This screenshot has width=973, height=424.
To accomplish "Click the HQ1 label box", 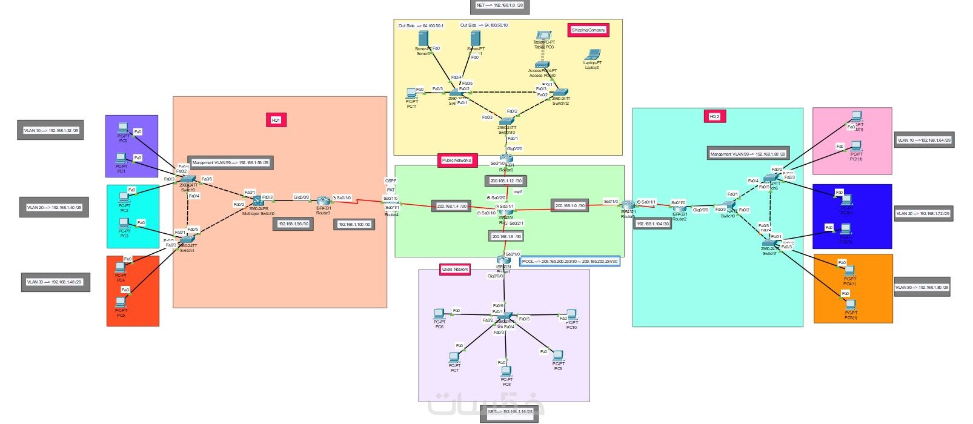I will click(276, 120).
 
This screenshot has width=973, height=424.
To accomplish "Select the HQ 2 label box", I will click(715, 116).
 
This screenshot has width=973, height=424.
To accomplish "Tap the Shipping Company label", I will click(588, 30).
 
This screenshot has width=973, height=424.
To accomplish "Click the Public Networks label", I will click(457, 161).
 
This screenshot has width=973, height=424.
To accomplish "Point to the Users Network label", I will click(455, 269).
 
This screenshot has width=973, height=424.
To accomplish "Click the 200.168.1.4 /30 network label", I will click(451, 207).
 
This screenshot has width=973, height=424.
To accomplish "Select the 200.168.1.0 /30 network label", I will click(570, 206).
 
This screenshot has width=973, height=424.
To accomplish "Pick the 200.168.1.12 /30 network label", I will click(505, 181).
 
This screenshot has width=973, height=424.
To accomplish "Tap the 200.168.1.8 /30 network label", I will click(506, 236).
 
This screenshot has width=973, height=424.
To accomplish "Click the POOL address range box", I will click(570, 262).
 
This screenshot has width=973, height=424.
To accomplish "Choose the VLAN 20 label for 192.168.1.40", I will click(54, 207).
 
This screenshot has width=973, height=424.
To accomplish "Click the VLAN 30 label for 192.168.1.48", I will click(55, 282).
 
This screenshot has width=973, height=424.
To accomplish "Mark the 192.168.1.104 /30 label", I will click(653, 224).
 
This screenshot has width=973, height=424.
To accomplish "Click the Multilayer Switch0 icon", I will click(257, 200).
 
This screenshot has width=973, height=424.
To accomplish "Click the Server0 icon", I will click(423, 39).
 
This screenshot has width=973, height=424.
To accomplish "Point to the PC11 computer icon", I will click(412, 93).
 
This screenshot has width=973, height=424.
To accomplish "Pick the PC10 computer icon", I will click(571, 314).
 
